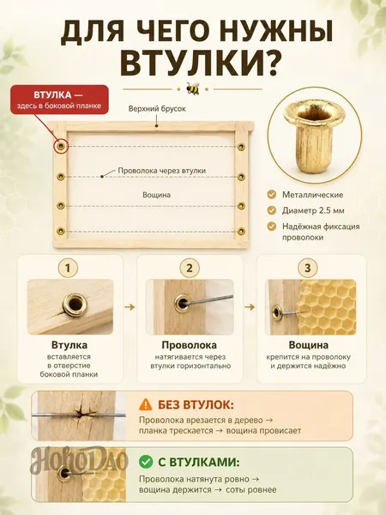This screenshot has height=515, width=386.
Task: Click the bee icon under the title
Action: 193,88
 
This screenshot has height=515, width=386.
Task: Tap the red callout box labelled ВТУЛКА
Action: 59,100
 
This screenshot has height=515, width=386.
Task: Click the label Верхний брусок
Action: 157,108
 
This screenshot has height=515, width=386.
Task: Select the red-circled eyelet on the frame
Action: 60,146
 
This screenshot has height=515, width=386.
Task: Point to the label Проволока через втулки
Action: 162,171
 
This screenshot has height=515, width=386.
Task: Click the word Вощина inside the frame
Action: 157,195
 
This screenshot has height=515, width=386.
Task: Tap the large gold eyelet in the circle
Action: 315,135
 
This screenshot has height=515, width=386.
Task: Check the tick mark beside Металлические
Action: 272,195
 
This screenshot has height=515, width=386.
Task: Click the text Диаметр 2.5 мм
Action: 313,210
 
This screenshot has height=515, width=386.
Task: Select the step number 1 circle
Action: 68,268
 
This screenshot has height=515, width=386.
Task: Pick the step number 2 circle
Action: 190,268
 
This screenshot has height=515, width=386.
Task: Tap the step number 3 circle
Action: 308,268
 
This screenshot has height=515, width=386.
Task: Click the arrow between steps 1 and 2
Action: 130,307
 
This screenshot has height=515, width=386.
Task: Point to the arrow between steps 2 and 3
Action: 250,307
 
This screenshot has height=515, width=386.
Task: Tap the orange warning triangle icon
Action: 146,404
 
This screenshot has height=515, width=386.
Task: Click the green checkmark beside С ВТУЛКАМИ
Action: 146,462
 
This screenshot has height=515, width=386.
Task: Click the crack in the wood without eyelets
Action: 81,415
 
